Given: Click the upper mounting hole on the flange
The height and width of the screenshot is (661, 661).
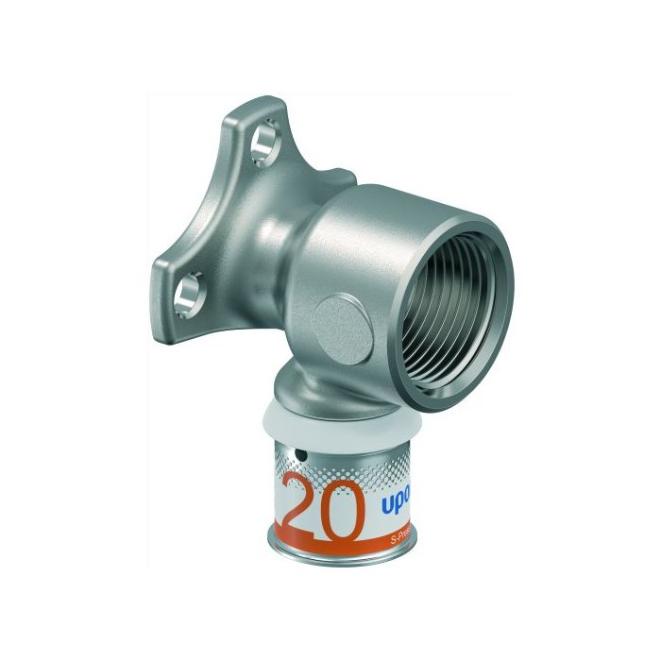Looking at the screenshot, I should (x=257, y=146).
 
